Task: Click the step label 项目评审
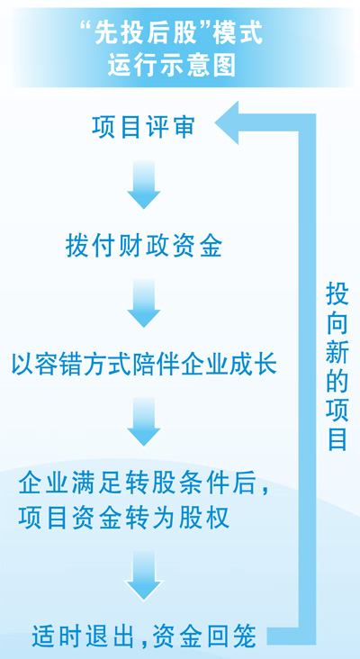(x=143, y=127)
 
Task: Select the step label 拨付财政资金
(x=144, y=246)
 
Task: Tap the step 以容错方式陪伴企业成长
(x=144, y=365)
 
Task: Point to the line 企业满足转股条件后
(x=144, y=484)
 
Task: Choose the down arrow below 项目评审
(x=144, y=184)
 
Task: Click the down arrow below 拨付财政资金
(x=144, y=303)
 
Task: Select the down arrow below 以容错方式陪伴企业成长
(x=144, y=421)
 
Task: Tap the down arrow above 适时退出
(x=144, y=575)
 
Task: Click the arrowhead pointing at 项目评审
(x=226, y=122)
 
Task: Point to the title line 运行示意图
(x=171, y=66)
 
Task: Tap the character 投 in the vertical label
(x=337, y=293)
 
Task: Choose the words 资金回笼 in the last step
(x=204, y=636)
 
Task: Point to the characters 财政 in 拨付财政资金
(x=144, y=246)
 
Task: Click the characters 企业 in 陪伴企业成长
(x=197, y=365)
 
